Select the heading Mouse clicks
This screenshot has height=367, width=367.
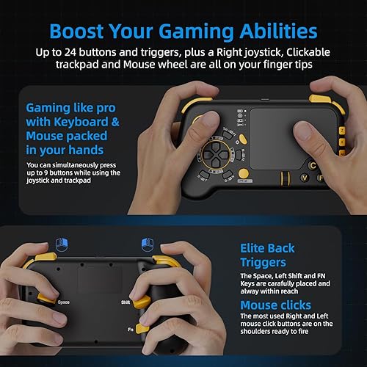click(x=275, y=305)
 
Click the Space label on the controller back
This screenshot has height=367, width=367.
click(x=64, y=301)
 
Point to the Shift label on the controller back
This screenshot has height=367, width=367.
click(x=126, y=302)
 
